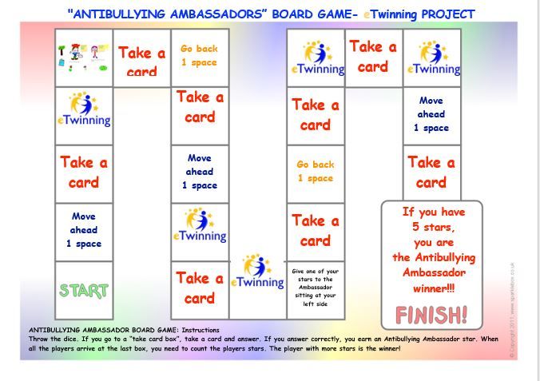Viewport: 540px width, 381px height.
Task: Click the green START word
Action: coord(84,291)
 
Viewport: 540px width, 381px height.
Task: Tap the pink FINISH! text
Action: coord(431,315)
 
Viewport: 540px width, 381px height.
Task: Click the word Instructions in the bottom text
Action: coord(200,330)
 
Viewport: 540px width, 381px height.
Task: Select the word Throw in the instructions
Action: coord(39,339)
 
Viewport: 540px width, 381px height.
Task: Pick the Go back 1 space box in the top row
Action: coord(199,55)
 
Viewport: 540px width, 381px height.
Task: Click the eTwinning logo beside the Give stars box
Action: coord(257,272)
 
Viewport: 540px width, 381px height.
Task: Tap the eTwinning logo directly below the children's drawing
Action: coord(84,110)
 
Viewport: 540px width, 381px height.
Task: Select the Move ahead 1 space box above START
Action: coord(84,230)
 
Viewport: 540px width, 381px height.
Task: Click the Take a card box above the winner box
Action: coord(431,172)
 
